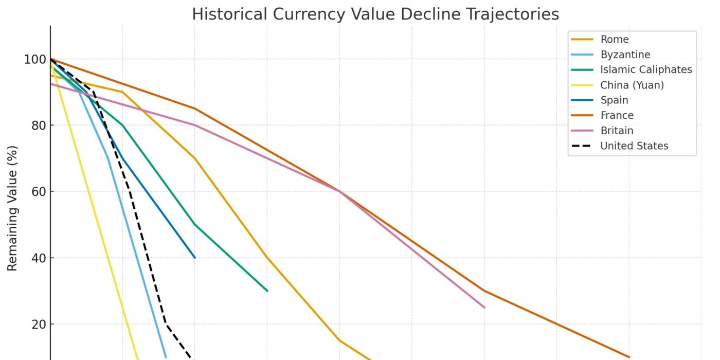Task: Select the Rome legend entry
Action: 615,40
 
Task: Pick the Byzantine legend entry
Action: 625,55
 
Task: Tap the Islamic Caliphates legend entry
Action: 646,69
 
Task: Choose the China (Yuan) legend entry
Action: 632,85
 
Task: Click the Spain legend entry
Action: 614,100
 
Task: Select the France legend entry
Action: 617,115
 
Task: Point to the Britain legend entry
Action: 617,131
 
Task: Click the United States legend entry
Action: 634,146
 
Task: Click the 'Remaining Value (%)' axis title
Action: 13,208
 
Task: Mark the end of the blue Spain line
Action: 195,258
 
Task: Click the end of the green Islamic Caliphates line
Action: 267,291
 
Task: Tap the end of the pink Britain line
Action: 484,308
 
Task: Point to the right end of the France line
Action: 629,357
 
